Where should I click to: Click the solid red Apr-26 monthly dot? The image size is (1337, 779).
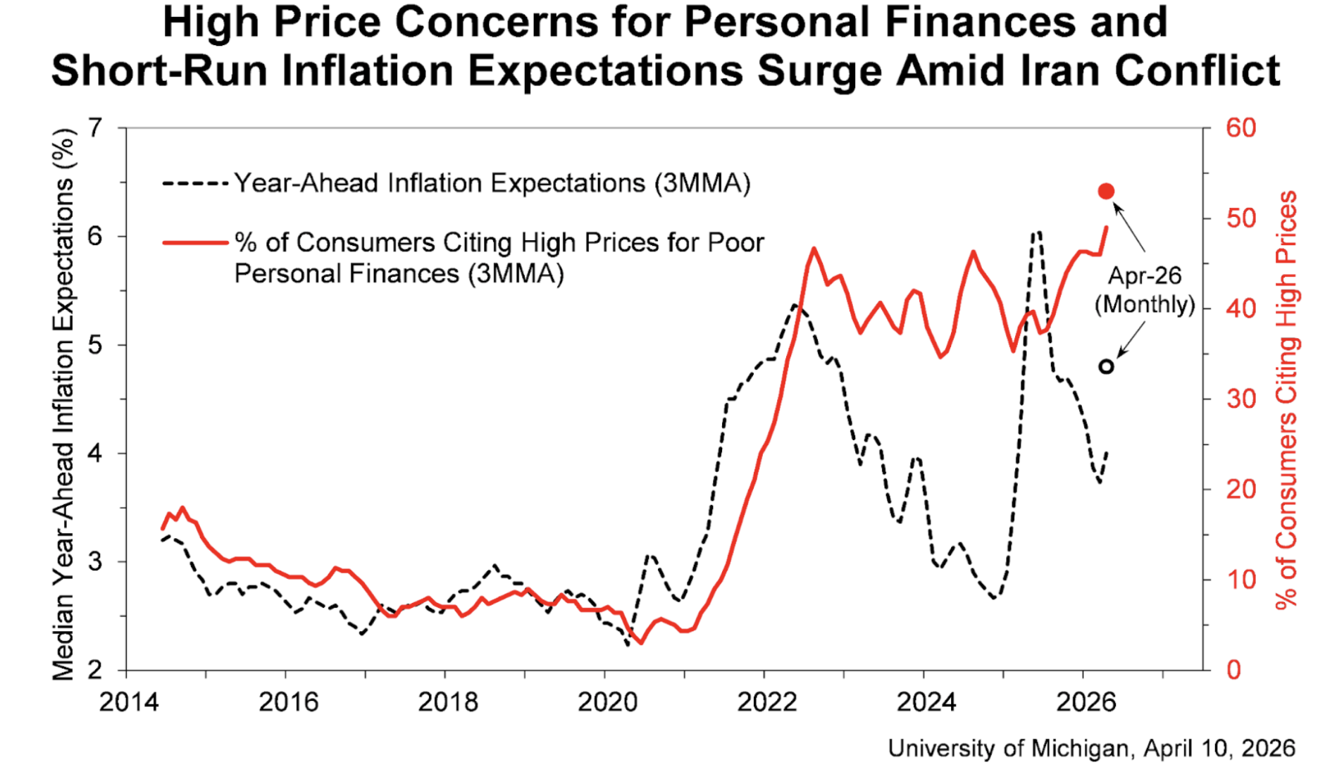pos(1106,192)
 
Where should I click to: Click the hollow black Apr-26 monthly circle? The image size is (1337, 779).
pos(1107,366)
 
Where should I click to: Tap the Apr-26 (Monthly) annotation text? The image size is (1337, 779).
pos(1145,289)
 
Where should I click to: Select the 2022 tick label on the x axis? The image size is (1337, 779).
pos(766,702)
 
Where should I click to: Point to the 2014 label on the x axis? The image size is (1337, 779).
pos(128,702)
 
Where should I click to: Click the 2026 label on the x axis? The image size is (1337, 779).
pos(1086,702)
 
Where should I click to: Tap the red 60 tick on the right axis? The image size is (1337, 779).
pos(1240,128)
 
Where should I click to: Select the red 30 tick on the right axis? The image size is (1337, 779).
pos(1240,399)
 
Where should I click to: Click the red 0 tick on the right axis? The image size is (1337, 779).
pos(1233,670)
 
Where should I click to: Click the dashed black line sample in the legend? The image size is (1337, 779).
pos(195,184)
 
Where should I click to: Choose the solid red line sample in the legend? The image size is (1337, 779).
pos(195,243)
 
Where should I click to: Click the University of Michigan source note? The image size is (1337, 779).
pos(1091,748)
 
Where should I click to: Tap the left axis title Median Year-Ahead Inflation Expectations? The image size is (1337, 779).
pos(63,405)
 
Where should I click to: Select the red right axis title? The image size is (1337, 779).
pos(1286,399)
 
